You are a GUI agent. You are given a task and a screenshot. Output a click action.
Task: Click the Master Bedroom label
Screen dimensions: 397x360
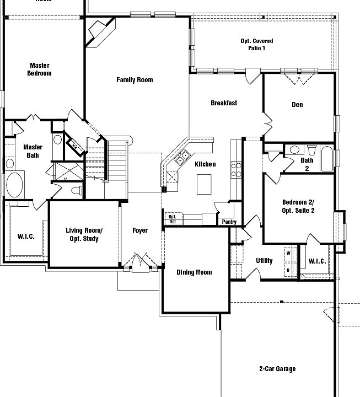click(40, 69)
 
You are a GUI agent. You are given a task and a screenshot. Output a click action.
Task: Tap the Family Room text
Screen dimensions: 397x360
click(135, 80)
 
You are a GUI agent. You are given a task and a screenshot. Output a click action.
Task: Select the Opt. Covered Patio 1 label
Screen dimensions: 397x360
click(256, 45)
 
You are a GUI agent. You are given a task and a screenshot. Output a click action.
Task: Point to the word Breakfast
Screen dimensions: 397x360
click(224, 103)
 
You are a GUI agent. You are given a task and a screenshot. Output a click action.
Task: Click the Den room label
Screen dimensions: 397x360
click(297, 105)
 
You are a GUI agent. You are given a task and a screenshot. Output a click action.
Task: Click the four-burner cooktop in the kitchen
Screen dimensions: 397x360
click(235, 169)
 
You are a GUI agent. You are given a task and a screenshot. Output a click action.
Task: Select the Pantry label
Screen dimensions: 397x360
click(229, 222)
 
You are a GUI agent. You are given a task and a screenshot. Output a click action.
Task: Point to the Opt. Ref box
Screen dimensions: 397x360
click(172, 219)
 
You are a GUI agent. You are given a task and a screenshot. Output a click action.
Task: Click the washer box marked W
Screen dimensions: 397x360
click(288, 253)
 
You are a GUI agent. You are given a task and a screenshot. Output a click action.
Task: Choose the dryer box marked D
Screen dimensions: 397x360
click(288, 270)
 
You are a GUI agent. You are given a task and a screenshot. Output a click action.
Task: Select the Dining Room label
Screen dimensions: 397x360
click(194, 272)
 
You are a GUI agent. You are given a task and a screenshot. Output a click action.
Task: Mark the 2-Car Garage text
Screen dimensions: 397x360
click(277, 369)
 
